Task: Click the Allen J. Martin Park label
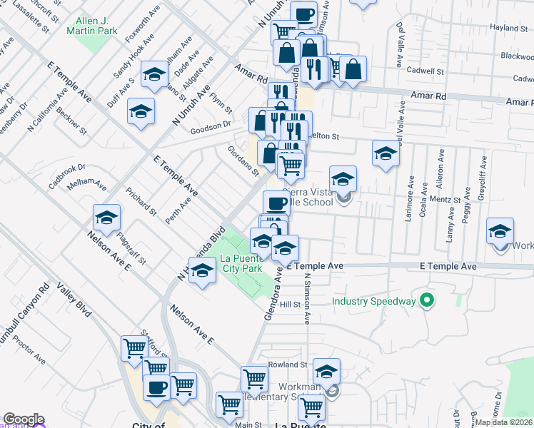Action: click(x=91, y=26)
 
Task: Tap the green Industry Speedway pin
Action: click(x=427, y=300)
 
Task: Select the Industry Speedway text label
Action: click(x=374, y=301)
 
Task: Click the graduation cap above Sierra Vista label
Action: click(x=343, y=178)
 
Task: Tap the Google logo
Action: click(x=23, y=419)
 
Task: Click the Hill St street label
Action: click(x=291, y=304)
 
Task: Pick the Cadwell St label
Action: click(x=425, y=71)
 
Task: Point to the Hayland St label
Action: click(x=508, y=28)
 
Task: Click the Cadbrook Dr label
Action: click(x=66, y=171)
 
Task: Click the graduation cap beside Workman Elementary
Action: click(x=326, y=372)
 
